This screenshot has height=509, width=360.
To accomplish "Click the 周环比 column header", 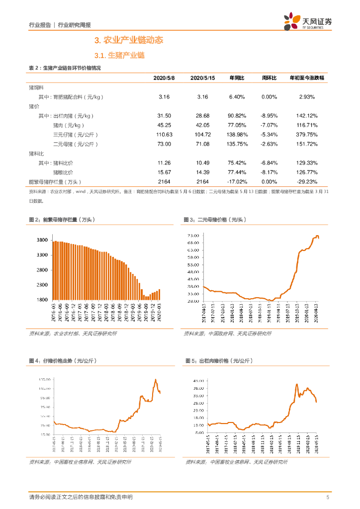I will pyautogui.click(x=269, y=78).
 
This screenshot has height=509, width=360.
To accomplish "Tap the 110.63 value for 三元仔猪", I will pyautogui.click(x=164, y=135).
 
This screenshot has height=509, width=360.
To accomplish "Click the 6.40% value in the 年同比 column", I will pyautogui.click(x=237, y=96).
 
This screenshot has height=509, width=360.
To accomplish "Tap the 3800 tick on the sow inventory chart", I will pyautogui.click(x=42, y=241).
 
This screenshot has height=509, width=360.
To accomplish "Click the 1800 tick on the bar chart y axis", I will pyautogui.click(x=42, y=300).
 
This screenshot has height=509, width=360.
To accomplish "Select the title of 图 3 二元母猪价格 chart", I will pyautogui.click(x=215, y=219).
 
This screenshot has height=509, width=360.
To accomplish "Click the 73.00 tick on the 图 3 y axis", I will pyautogui.click(x=194, y=235).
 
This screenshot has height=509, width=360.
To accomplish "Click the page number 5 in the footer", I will pyautogui.click(x=327, y=497).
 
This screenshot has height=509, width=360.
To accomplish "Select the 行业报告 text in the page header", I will pyautogui.click(x=40, y=24).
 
